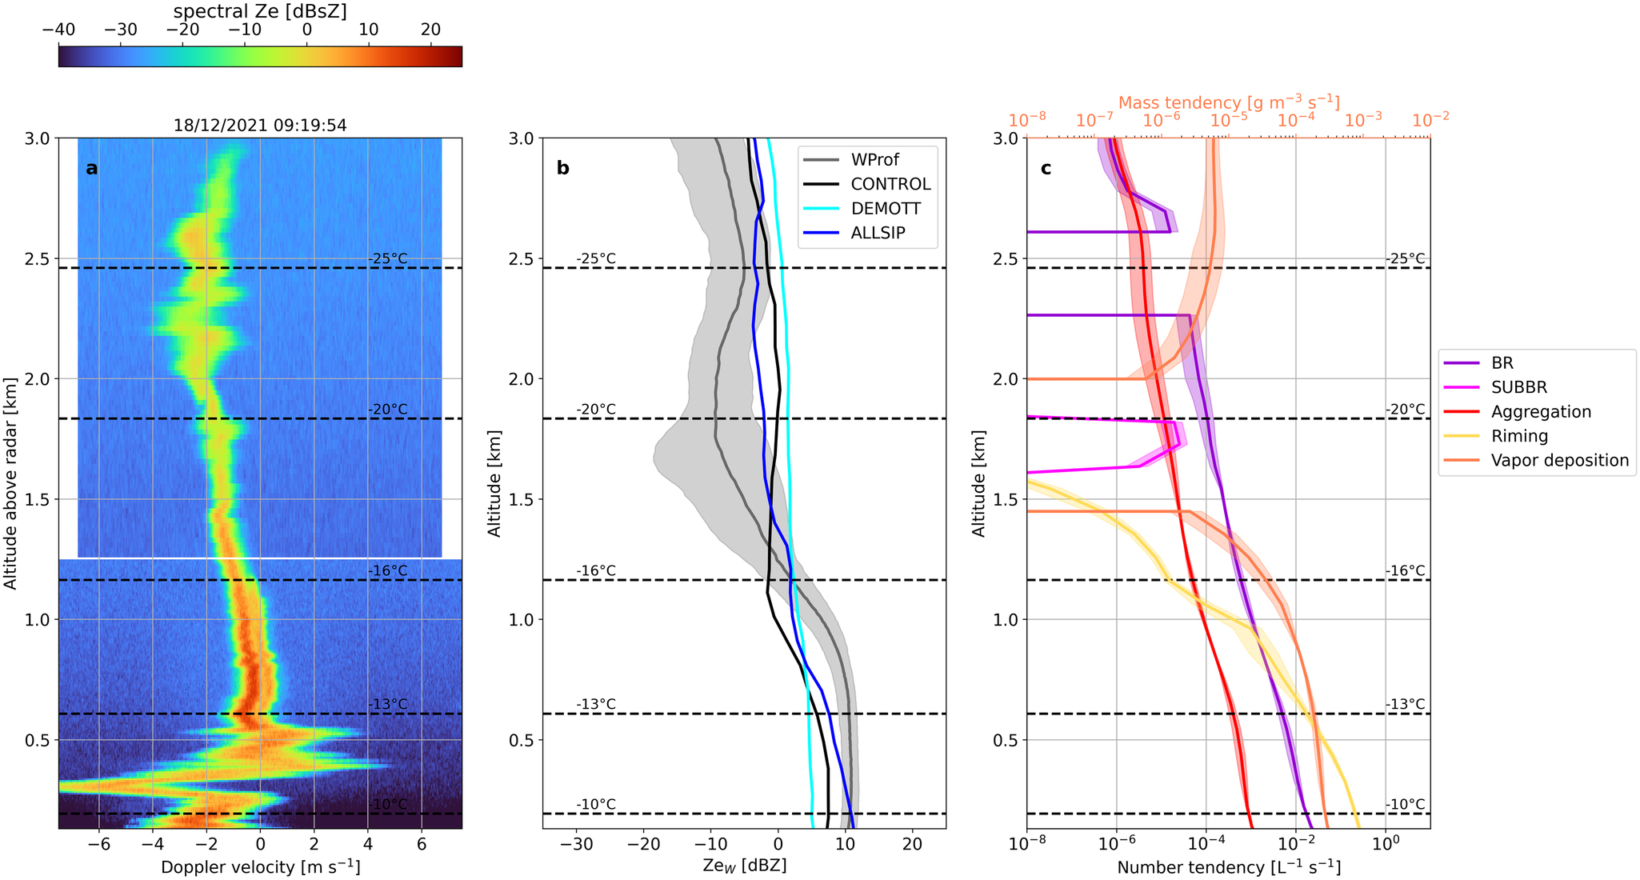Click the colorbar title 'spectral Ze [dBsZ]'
(x=260, y=10)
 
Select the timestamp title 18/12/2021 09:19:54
(x=260, y=126)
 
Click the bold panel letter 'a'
(x=92, y=168)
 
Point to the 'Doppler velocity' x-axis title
(x=260, y=867)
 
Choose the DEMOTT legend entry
(x=886, y=209)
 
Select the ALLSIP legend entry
(x=878, y=233)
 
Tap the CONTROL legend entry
(x=890, y=184)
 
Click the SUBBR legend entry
(x=1518, y=388)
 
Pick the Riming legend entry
(x=1519, y=437)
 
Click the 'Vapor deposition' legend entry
(x=1559, y=461)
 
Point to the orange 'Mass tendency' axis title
(x=1229, y=102)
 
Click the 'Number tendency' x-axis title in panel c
(x=1229, y=867)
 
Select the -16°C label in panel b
(x=596, y=571)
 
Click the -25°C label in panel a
(x=387, y=259)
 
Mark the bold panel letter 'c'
(x=1046, y=168)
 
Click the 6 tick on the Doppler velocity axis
(x=421, y=844)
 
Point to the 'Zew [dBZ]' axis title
(x=744, y=866)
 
